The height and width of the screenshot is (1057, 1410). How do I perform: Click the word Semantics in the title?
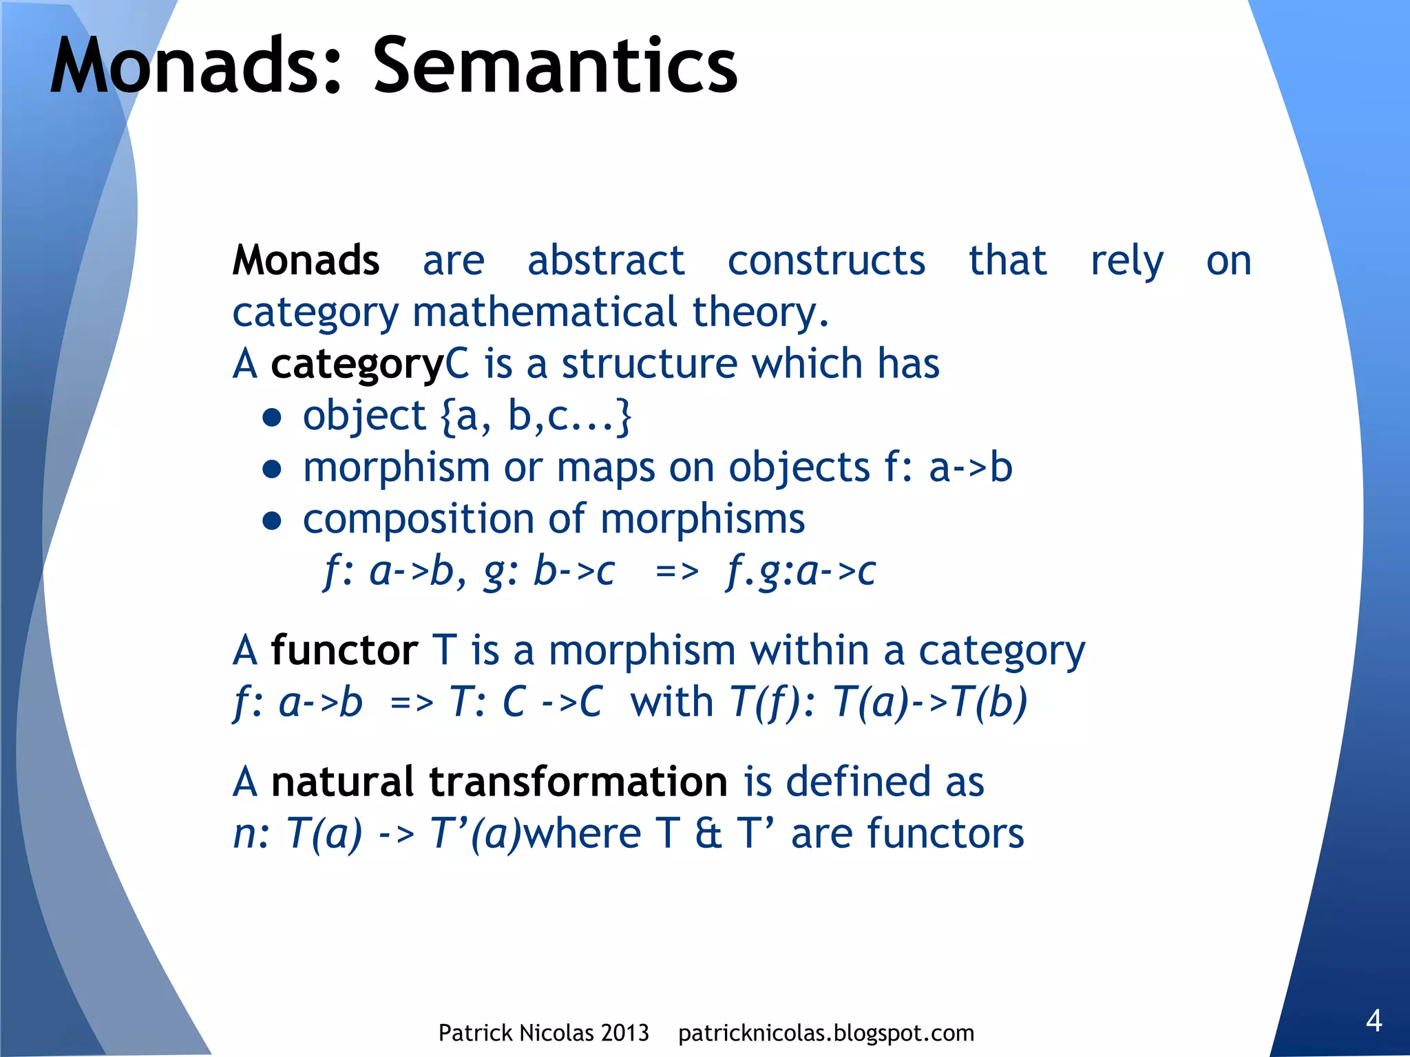pos(555,67)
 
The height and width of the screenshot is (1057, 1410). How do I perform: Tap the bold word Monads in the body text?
pos(306,261)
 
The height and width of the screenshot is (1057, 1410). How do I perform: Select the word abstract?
pos(606,261)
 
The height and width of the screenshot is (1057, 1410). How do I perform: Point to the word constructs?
pos(826,261)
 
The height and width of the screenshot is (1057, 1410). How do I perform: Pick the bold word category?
pos(357,365)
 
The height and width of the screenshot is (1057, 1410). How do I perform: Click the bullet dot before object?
pos(273,418)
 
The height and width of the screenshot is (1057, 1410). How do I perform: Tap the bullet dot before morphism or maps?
pos(273,469)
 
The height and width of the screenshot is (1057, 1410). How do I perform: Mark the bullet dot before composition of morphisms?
pos(273,521)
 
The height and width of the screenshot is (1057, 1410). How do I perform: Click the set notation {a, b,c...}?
pos(535,416)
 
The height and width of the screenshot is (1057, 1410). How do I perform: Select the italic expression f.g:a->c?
pos(801,571)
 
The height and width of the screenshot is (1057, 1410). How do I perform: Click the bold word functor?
pos(344,650)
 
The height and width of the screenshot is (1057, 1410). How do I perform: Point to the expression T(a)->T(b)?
pos(929,703)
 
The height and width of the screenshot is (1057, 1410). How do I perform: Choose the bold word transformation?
pos(578,782)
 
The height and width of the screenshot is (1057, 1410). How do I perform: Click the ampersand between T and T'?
pos(708,834)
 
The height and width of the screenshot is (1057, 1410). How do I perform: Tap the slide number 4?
pos(1374,1021)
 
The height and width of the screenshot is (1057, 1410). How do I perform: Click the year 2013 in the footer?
pos(624,1033)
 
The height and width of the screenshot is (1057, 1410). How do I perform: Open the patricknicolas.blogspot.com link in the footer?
pos(826,1033)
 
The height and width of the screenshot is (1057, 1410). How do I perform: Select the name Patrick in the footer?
pos(475,1033)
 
